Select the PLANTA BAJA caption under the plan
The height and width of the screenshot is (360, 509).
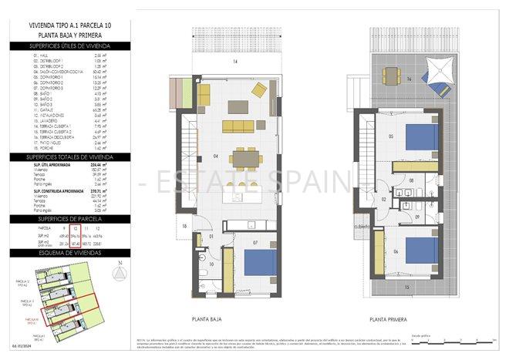pos(205,318)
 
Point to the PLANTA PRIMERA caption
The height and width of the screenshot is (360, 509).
pos(387,318)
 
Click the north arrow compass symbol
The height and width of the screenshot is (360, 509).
pos(116,273)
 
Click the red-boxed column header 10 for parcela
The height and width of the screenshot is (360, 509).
pos(75,229)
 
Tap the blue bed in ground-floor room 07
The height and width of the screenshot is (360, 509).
pos(260,263)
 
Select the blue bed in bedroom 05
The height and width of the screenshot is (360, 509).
pos(422,137)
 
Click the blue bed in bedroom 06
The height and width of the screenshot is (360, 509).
pos(422,248)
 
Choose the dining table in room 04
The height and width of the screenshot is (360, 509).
pos(244,158)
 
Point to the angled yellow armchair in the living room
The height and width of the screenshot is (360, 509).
pos(259,90)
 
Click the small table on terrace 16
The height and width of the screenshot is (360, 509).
pos(392,76)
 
